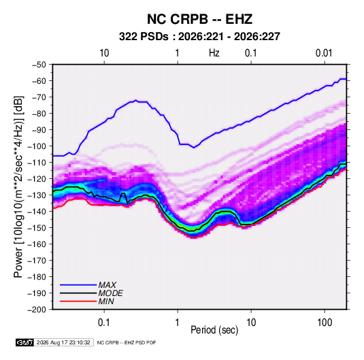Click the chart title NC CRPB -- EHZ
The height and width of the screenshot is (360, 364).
199,19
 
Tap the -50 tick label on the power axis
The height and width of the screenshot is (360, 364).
39,65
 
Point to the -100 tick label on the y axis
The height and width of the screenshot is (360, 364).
37,146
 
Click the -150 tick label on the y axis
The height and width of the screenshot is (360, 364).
37,228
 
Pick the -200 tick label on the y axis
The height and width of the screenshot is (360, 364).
37,310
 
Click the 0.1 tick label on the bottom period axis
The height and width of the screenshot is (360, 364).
104,323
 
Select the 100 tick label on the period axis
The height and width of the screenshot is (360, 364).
325,323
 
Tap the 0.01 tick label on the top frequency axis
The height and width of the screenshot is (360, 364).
324,53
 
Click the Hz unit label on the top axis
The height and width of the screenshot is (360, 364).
214,53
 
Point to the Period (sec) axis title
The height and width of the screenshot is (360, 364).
214,330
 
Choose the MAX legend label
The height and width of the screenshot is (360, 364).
107,284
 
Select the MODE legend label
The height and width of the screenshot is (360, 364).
110,293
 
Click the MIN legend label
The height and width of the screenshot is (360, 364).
106,301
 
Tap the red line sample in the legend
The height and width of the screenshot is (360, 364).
78,301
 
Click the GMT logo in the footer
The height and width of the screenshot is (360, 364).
25,342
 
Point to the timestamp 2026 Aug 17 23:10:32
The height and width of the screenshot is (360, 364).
63,342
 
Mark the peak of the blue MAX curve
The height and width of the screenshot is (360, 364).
136,100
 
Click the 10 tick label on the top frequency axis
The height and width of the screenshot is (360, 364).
104,53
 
